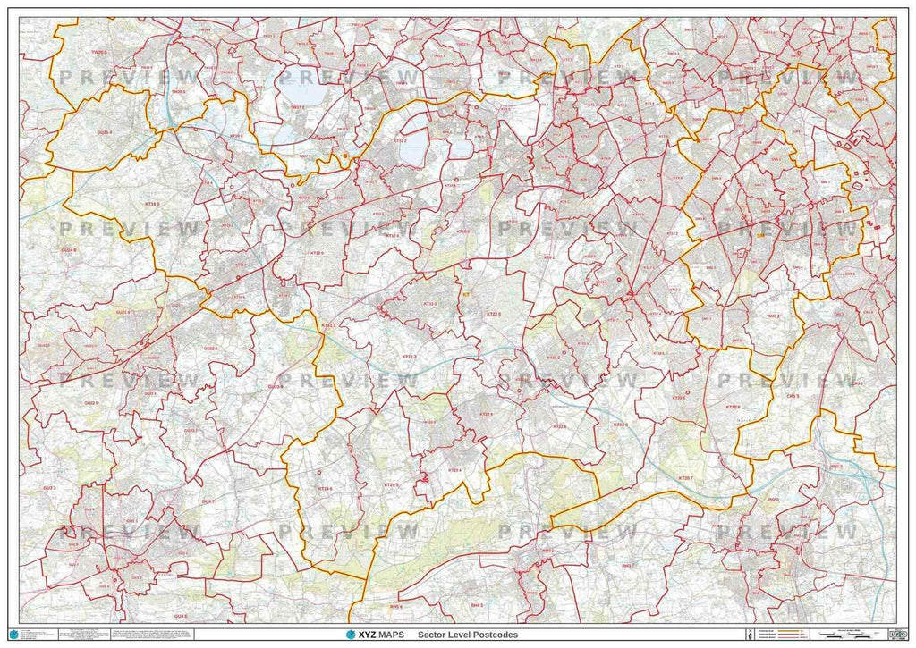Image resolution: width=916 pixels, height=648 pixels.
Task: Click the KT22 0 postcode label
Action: (493, 315)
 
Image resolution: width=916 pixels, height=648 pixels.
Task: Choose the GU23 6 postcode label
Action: (275, 386)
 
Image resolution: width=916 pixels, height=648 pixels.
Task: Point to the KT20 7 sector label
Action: (685, 479)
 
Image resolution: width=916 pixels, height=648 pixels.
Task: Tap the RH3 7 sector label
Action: (627, 565)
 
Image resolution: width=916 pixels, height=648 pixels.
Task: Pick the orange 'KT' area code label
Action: (465, 292)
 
